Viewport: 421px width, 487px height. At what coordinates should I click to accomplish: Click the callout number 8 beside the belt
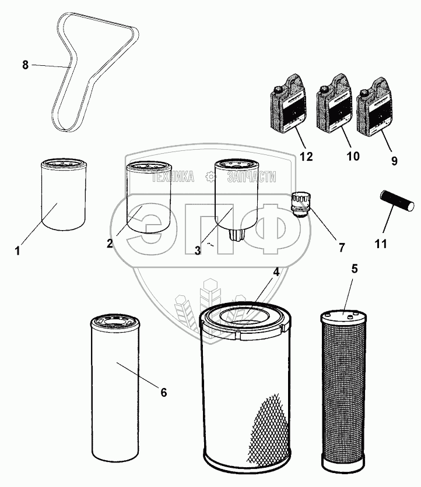click(x=25, y=65)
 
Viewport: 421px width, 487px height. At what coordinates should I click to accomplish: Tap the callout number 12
click(x=307, y=157)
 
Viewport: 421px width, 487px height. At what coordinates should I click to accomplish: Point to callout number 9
click(x=395, y=161)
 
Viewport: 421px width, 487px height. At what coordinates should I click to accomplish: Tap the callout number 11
click(x=381, y=243)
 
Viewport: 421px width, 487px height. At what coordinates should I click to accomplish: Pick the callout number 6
click(x=164, y=393)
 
